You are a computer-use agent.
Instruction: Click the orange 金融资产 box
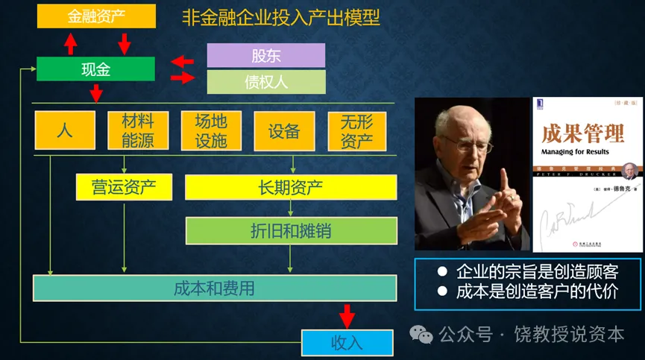[x=96, y=16]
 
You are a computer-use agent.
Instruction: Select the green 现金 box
[x=95, y=69]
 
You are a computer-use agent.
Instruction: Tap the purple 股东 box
[x=265, y=55]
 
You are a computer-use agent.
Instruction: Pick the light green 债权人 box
[x=265, y=82]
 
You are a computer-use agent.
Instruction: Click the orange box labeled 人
[x=65, y=131]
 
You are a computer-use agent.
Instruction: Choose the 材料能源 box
[x=131, y=131]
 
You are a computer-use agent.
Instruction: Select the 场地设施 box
[x=210, y=131]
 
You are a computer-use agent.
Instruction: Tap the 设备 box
[x=283, y=131]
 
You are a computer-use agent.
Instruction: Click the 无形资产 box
[x=356, y=131]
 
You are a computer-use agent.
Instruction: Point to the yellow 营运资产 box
[x=124, y=187]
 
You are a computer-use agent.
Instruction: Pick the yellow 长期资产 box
[x=290, y=187]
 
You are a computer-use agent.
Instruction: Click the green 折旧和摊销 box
[x=291, y=231]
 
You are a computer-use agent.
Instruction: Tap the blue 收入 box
[x=347, y=342]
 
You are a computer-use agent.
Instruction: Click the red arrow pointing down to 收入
[x=347, y=315]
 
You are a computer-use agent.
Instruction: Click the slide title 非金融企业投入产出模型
[x=281, y=17]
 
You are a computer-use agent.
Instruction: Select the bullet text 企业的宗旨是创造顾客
[x=536, y=271]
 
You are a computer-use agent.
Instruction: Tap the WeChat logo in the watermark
[x=424, y=335]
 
